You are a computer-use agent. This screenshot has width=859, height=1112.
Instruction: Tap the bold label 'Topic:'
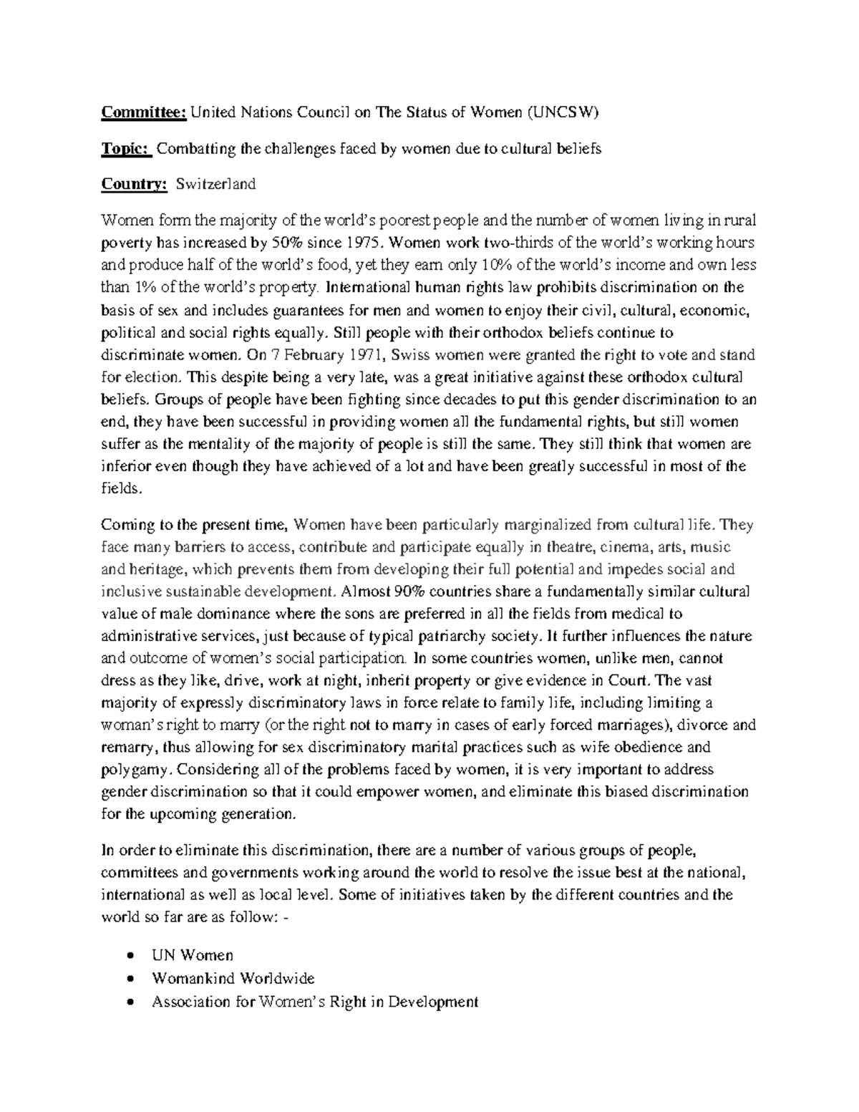pyautogui.click(x=126, y=148)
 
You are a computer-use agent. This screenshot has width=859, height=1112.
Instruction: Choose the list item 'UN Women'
pyautogui.click(x=193, y=955)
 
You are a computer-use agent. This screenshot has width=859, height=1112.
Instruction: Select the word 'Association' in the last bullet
pyautogui.click(x=191, y=1002)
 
